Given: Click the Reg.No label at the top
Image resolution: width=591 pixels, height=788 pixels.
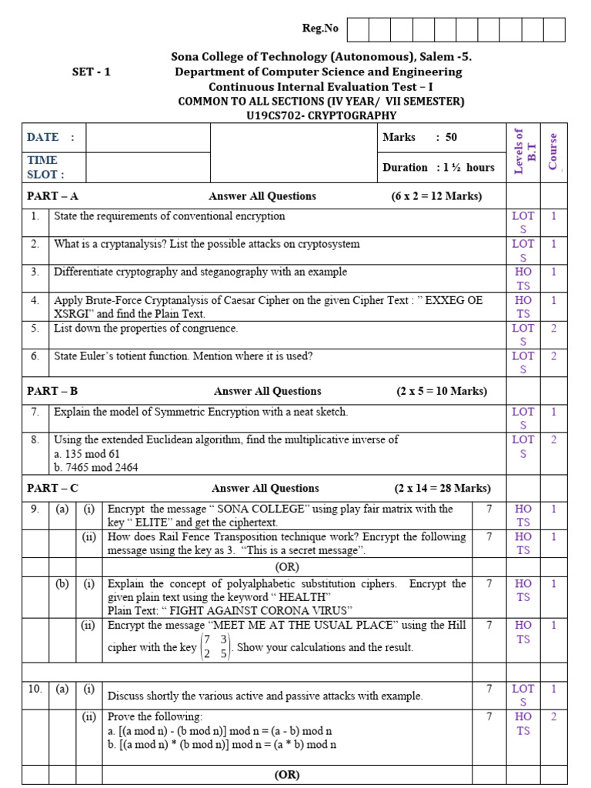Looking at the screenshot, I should pos(319,28).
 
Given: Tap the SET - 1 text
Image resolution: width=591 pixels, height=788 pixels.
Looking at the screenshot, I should pos(92,72).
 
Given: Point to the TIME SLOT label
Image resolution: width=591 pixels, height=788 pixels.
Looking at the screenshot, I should pos(45,167).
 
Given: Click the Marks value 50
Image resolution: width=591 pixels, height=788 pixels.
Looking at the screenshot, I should pos(451,137).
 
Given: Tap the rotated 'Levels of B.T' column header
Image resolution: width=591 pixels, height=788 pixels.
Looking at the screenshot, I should pos(523,152).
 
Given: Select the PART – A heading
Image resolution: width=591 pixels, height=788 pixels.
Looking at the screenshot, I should pos(52,196).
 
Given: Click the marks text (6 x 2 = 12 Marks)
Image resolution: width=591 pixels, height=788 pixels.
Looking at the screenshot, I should pos(436,196).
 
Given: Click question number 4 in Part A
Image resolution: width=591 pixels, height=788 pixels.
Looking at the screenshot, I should pos(35,300).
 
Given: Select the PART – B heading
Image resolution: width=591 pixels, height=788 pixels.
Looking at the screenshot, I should pos(52,391).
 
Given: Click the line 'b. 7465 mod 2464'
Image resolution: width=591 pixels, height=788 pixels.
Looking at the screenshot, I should pos(95,467).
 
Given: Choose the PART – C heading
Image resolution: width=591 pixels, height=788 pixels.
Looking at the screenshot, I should pos(52,488).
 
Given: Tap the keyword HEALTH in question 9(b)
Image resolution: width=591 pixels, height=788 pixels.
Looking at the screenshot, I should pos(306,598).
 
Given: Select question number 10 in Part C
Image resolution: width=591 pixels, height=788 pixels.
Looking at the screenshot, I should pos(35,689).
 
